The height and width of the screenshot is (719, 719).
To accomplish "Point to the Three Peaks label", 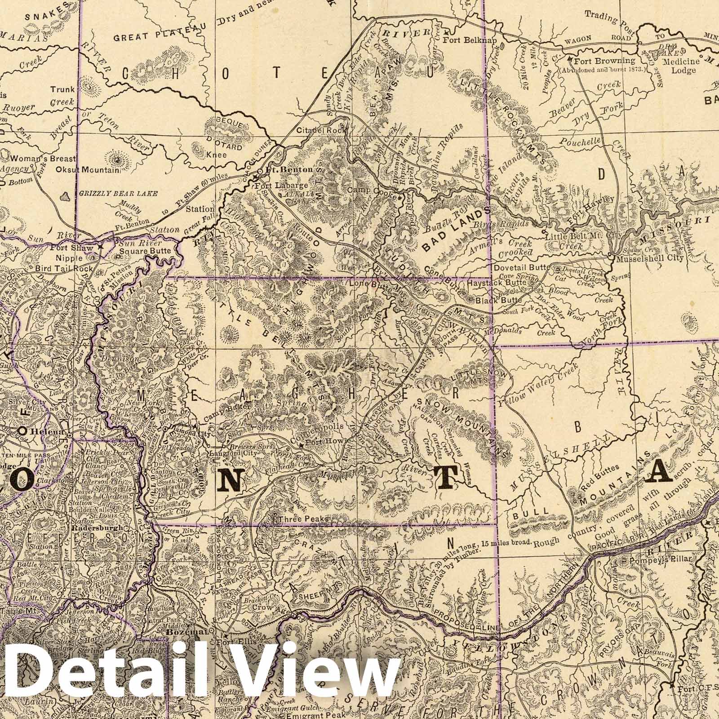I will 302,519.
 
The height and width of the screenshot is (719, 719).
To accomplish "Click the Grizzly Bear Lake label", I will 118,193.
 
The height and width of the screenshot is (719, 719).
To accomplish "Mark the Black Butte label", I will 491,300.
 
